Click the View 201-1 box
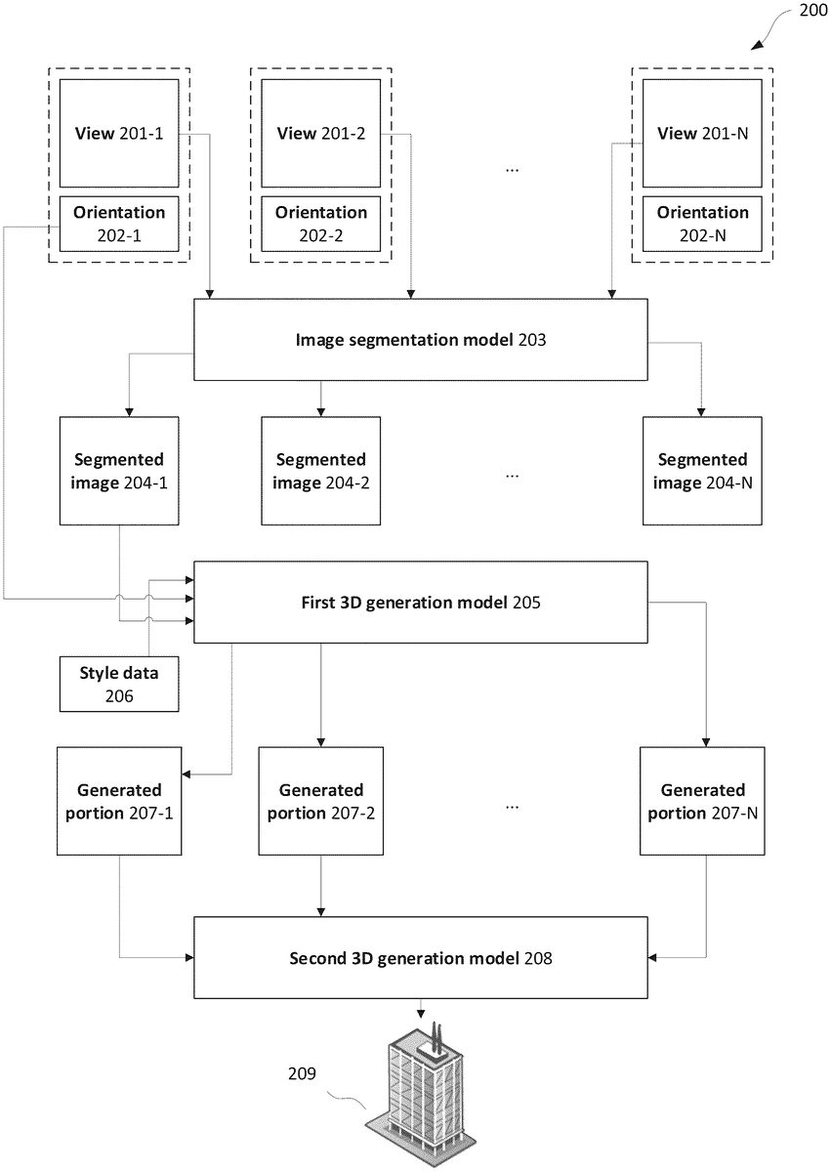pos(119,134)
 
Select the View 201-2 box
pos(321,134)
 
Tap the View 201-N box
pos(702,134)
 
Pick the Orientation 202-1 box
pos(119,224)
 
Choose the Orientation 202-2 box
pos(321,224)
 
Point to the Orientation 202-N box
pos(702,224)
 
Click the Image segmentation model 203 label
pos(421,340)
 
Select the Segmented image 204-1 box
pos(119,471)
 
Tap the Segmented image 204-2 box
pos(321,471)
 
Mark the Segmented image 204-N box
pos(702,471)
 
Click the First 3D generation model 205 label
pos(421,603)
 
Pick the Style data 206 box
pos(119,685)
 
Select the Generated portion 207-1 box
pos(119,802)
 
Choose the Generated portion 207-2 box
pos(321,802)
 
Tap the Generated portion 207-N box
pos(702,802)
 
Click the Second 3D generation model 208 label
pos(421,958)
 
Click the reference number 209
pos(302,1073)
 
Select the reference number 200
pos(813,10)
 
